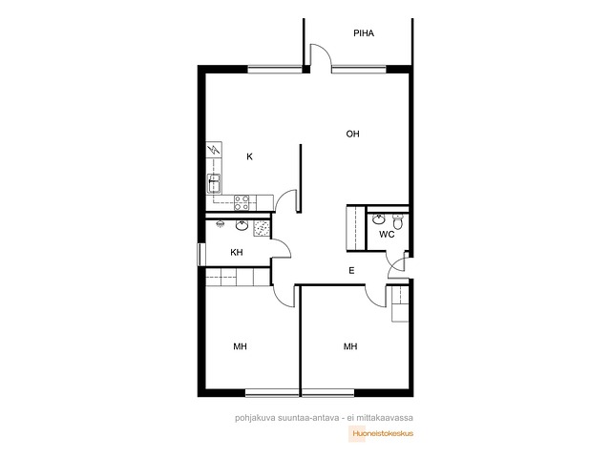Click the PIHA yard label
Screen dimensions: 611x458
coord(364,33)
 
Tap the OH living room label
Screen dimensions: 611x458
coord(352,134)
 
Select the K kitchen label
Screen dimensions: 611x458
coord(249,156)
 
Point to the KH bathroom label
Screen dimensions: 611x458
coord(237,252)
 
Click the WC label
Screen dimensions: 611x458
coord(387,235)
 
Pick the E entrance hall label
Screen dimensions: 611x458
coord(351,271)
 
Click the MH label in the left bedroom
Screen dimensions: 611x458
coord(240,346)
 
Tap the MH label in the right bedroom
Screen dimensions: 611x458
coord(350,346)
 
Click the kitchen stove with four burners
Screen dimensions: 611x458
coord(242,202)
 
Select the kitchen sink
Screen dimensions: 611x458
coord(214,183)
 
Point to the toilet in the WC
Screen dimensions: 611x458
coord(397,221)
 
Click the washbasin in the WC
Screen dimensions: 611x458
coord(379,219)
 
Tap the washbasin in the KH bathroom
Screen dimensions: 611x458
coord(242,225)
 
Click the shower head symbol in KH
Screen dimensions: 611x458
coord(221,224)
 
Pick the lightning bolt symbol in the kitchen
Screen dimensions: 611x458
coord(214,149)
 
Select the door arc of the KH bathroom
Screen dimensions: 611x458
coord(284,245)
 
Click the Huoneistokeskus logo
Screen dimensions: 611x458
coord(381,434)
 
